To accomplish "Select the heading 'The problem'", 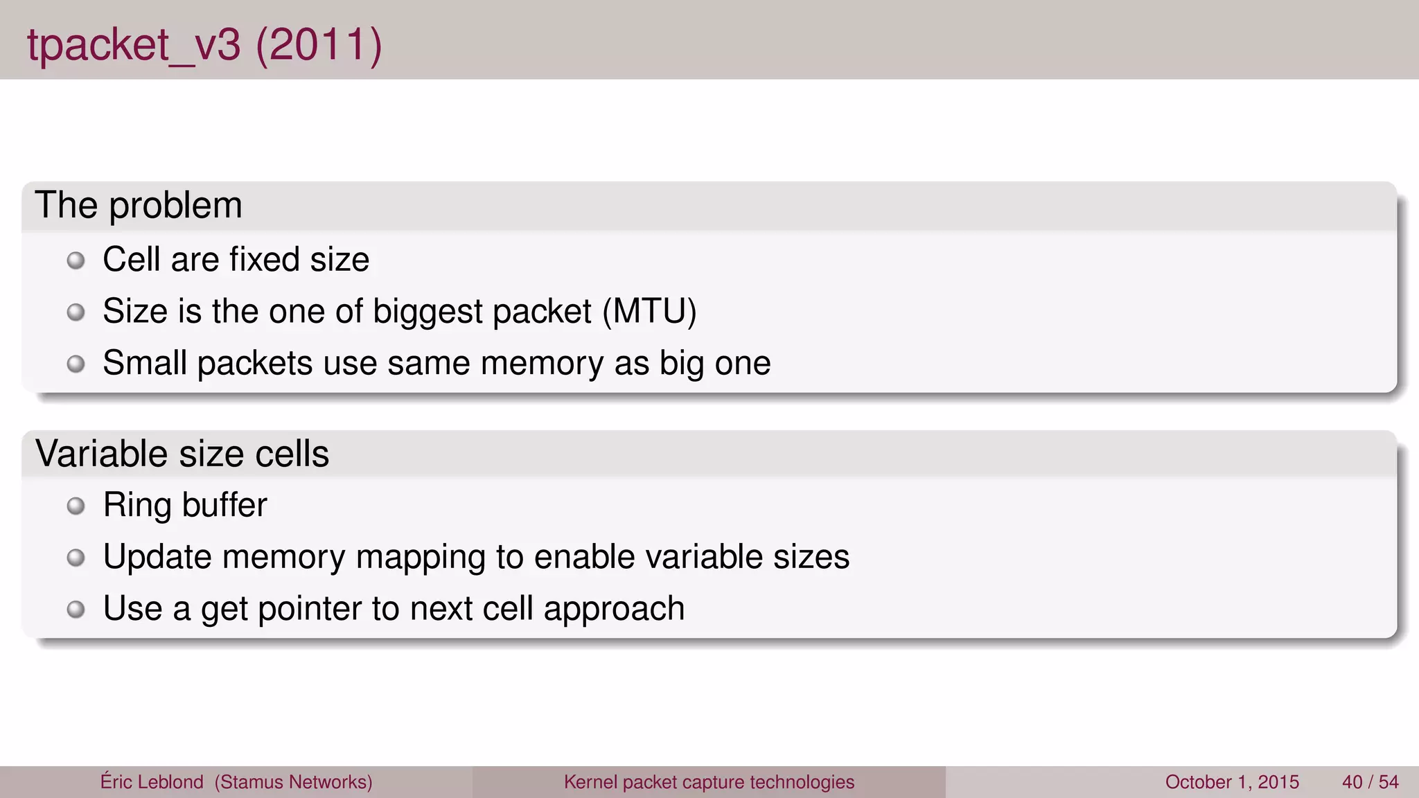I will [139, 205].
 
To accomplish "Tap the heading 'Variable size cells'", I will [182, 454].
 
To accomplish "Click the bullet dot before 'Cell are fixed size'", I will [76, 261].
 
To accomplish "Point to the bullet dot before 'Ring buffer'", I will [76, 506].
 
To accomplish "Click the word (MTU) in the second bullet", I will [649, 311].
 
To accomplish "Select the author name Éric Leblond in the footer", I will [152, 781].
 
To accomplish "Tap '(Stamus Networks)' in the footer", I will [293, 782].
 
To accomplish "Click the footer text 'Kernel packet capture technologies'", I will [709, 782].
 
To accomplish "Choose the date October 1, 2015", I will [1232, 782].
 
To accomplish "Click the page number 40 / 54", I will [1370, 782].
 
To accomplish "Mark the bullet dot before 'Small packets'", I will [76, 364].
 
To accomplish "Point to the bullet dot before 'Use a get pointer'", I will [76, 610].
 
